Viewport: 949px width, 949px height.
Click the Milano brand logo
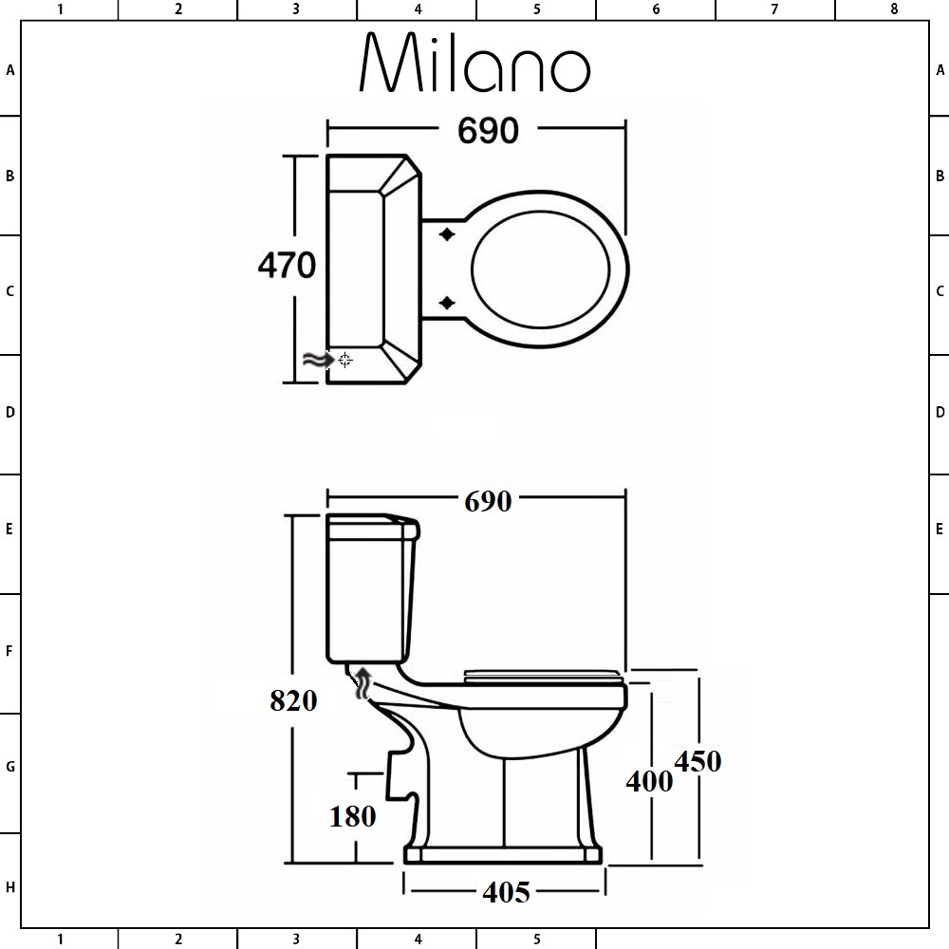[x=474, y=65]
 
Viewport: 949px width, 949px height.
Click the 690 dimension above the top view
[x=488, y=131]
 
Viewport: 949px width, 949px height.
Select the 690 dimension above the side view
[x=488, y=501]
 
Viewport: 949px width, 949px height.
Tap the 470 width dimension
[x=287, y=266]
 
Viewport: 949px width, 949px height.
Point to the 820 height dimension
[x=293, y=700]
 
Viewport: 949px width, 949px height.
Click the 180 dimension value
[x=353, y=815]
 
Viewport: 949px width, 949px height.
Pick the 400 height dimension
[x=649, y=780]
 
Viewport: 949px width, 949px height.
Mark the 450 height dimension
[x=698, y=761]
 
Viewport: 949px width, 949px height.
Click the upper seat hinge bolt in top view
[x=447, y=234]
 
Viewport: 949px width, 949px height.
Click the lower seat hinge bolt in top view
[x=447, y=303]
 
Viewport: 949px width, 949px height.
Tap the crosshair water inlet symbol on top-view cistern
[x=345, y=360]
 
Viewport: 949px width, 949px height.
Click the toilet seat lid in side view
[x=543, y=675]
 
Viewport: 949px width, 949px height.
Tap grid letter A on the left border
[x=10, y=70]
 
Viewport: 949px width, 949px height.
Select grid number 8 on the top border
[x=893, y=9]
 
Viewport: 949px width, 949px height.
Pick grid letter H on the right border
[x=940, y=887]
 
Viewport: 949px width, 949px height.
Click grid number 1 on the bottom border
[x=60, y=940]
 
